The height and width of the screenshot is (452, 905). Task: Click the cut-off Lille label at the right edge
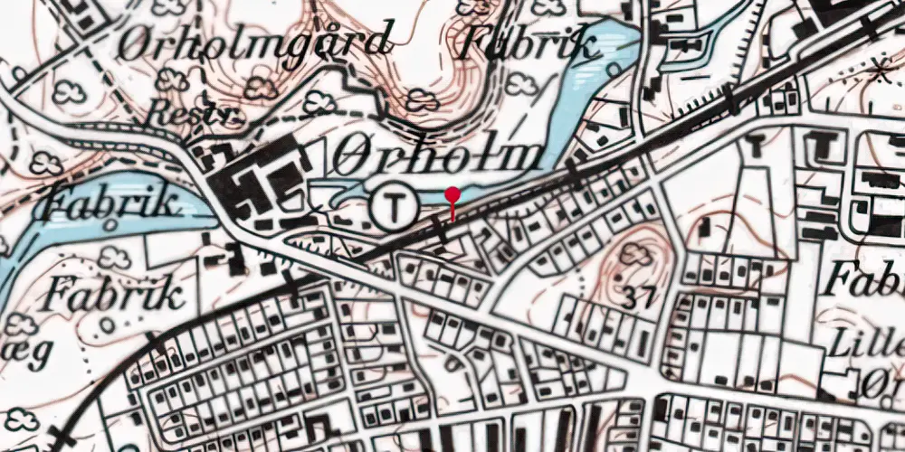click(x=881, y=344)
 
